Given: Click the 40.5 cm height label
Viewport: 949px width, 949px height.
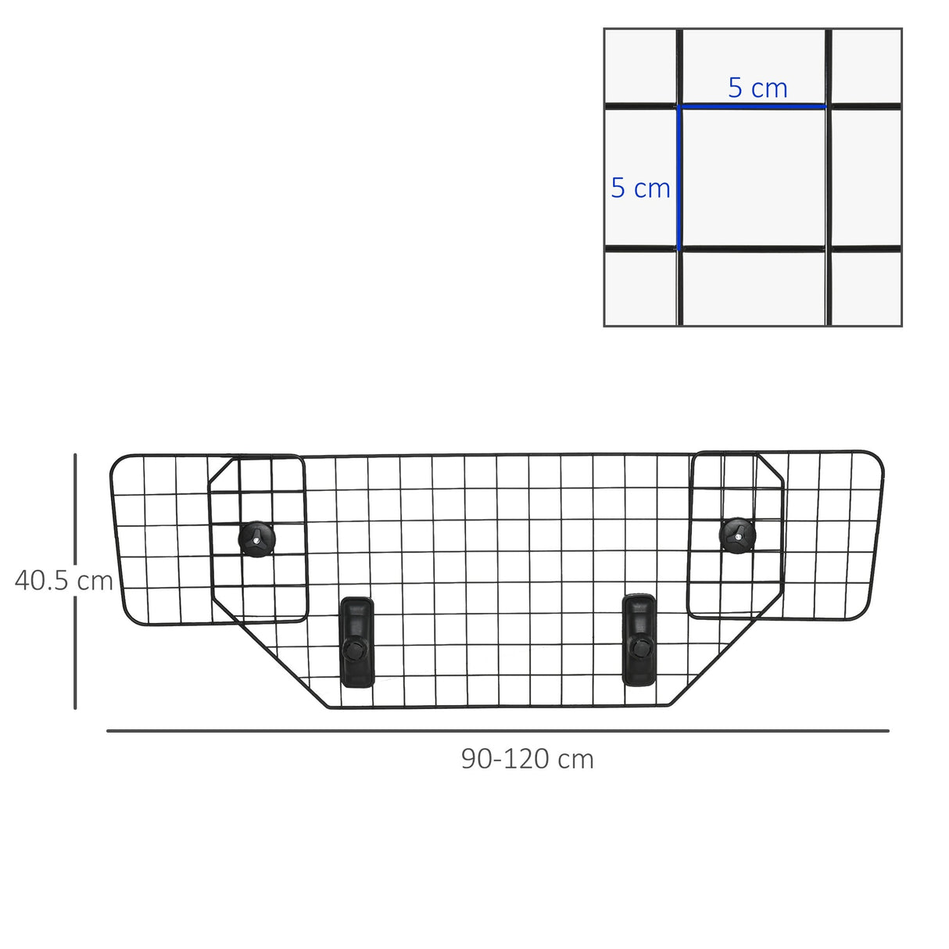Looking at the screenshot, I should [x=64, y=581].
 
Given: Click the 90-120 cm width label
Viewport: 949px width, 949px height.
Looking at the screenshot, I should [x=527, y=759].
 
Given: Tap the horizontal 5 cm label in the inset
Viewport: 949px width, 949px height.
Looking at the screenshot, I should [x=757, y=88].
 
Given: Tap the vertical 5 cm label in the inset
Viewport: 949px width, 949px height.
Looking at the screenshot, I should [x=640, y=188].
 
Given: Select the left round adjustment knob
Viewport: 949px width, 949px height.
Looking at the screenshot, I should [x=256, y=538].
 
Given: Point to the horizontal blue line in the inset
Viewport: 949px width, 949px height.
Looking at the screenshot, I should [x=753, y=106].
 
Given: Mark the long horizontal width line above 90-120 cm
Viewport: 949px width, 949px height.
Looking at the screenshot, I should [x=497, y=731].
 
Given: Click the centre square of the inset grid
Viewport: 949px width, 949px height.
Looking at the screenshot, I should [x=754, y=177].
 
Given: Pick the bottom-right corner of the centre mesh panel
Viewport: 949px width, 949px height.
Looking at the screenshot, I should [x=670, y=706].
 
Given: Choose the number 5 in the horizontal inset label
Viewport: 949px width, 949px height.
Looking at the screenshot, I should [x=735, y=88].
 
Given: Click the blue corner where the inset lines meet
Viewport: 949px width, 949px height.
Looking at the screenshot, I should [x=680, y=106].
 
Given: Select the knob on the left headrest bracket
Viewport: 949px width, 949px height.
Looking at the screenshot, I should [x=356, y=650].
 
